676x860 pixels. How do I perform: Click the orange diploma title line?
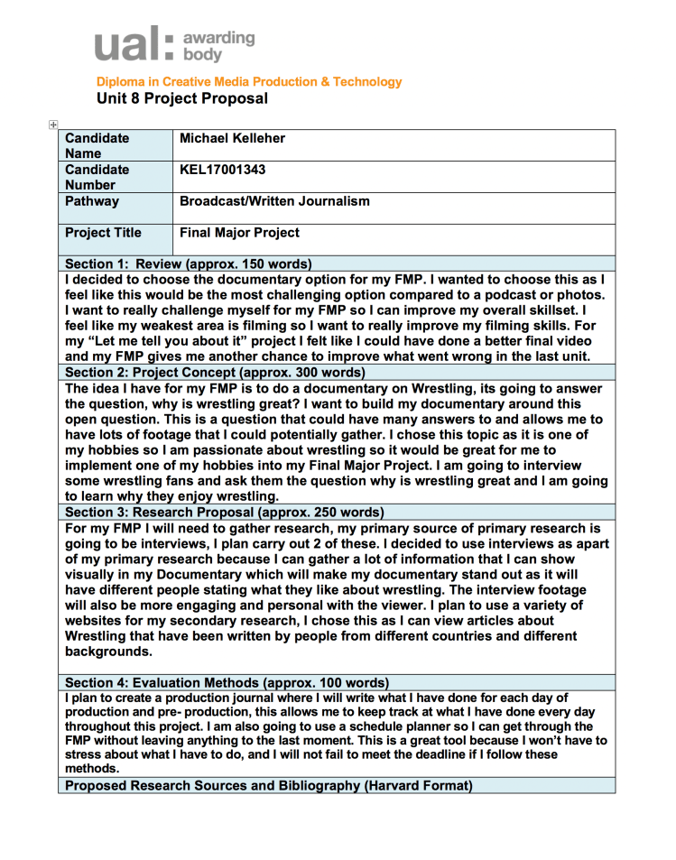click(x=250, y=82)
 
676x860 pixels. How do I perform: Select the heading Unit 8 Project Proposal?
click(x=182, y=98)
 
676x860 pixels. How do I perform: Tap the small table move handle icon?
click(x=53, y=125)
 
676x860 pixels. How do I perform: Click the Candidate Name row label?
click(x=97, y=145)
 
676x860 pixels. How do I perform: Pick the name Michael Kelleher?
click(x=238, y=138)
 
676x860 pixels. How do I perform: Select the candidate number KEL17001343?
click(x=223, y=169)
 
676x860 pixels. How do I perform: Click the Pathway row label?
click(x=92, y=201)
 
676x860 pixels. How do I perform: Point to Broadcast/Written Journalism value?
click(x=274, y=201)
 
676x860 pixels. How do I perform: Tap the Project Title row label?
click(x=103, y=233)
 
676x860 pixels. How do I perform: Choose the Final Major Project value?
click(x=239, y=233)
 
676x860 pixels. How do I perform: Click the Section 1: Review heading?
click(x=189, y=264)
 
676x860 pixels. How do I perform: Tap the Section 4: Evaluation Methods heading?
click(x=227, y=682)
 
